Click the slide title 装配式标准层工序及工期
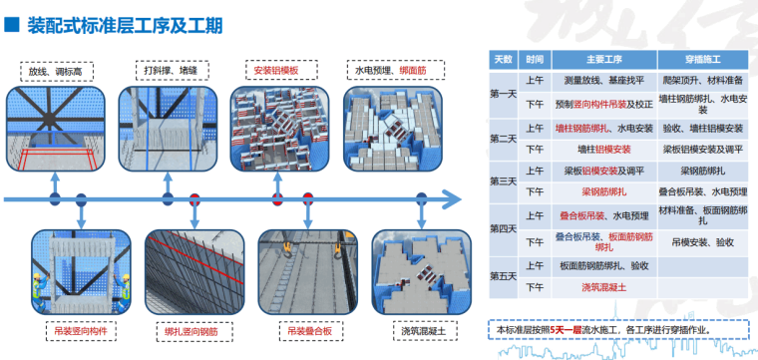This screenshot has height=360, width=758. click(x=125, y=22)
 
